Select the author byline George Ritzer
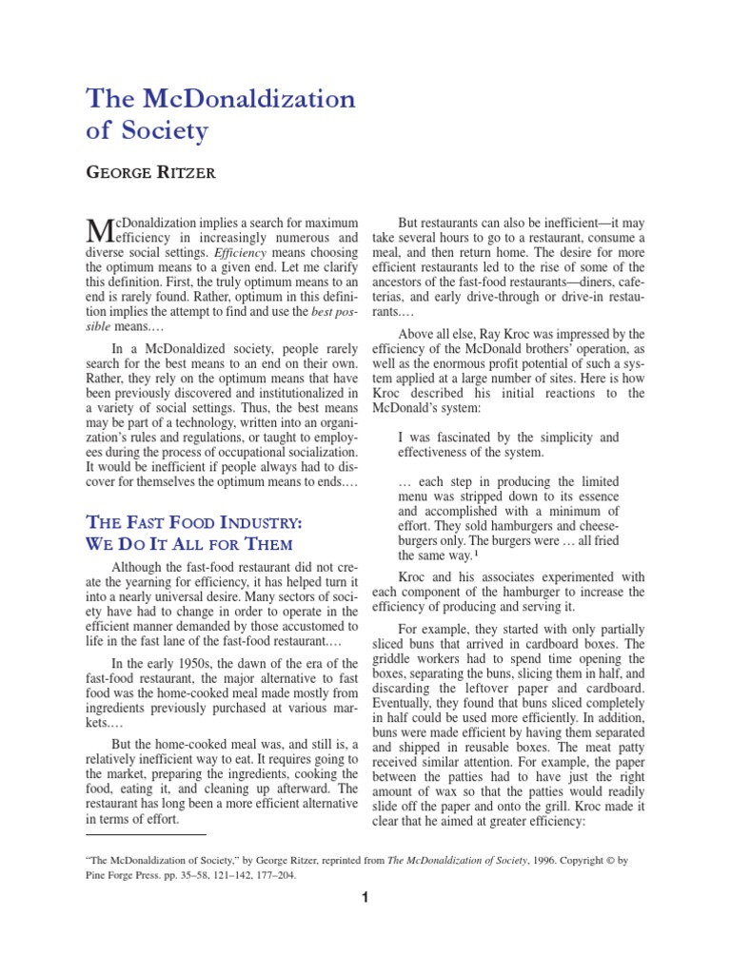tap(150, 172)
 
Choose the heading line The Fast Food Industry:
tap(194, 522)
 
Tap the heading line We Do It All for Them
tap(188, 544)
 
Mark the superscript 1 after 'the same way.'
tap(476, 553)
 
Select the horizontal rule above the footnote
tap(146, 834)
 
